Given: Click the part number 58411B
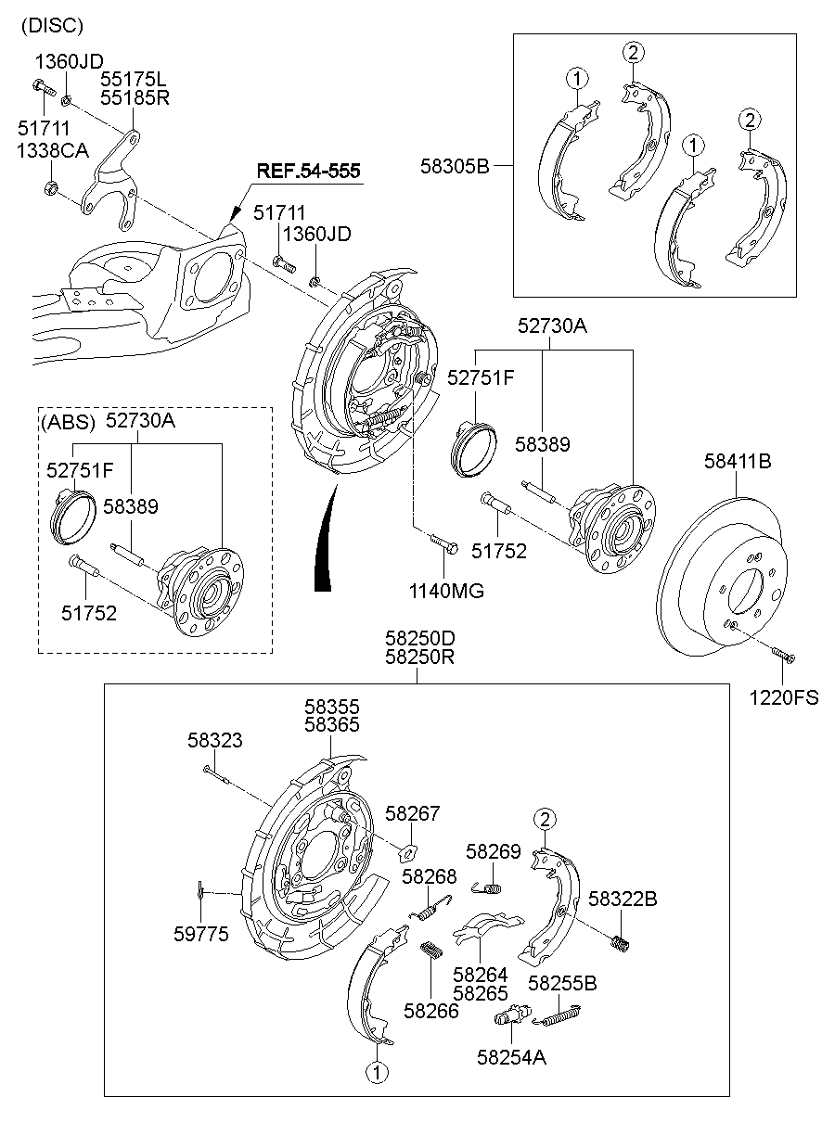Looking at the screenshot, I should coord(738,461).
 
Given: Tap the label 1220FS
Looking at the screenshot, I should coord(784,697).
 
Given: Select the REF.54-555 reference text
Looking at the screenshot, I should coord(309,172).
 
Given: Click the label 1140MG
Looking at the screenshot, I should coord(448,590).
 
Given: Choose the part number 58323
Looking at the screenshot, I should coord(214,740).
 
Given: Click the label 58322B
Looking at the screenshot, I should coord(623,899).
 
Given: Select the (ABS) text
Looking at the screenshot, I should coord(68,422).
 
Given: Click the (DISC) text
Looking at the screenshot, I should coord(52,25).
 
